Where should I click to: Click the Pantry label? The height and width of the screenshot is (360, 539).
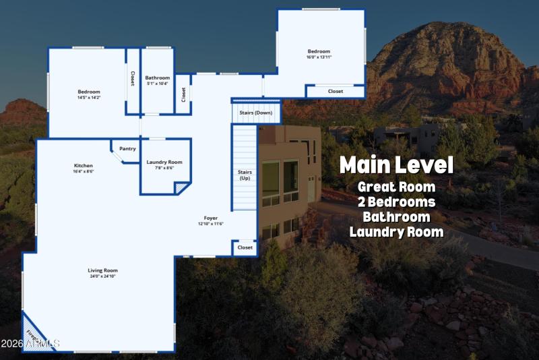tap(127, 149)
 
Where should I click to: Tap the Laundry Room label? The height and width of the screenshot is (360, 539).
tap(164, 162)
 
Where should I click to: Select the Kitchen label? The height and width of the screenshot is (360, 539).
tap(84, 165)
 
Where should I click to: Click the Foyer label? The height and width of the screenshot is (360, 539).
tap(211, 218)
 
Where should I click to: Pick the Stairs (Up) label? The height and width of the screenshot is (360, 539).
tap(245, 175)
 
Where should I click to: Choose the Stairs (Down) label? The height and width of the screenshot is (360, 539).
tap(255, 113)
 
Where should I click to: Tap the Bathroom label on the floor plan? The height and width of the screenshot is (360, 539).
tap(158, 78)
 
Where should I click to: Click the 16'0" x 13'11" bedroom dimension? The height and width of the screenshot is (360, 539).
tap(319, 57)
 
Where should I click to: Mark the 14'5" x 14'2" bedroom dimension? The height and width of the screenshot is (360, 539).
tap(88, 98)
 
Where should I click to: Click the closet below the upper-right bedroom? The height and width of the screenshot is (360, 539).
tap(335, 91)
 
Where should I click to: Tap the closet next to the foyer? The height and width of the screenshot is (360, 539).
tap(245, 247)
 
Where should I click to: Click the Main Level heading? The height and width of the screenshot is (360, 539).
tap(396, 165)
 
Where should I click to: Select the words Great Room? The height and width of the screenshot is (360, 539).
tap(396, 187)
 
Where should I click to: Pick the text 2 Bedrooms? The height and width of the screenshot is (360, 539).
tap(396, 202)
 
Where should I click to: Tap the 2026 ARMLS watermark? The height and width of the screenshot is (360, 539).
tap(30, 344)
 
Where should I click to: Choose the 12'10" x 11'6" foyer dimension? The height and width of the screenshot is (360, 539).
tap(211, 224)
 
